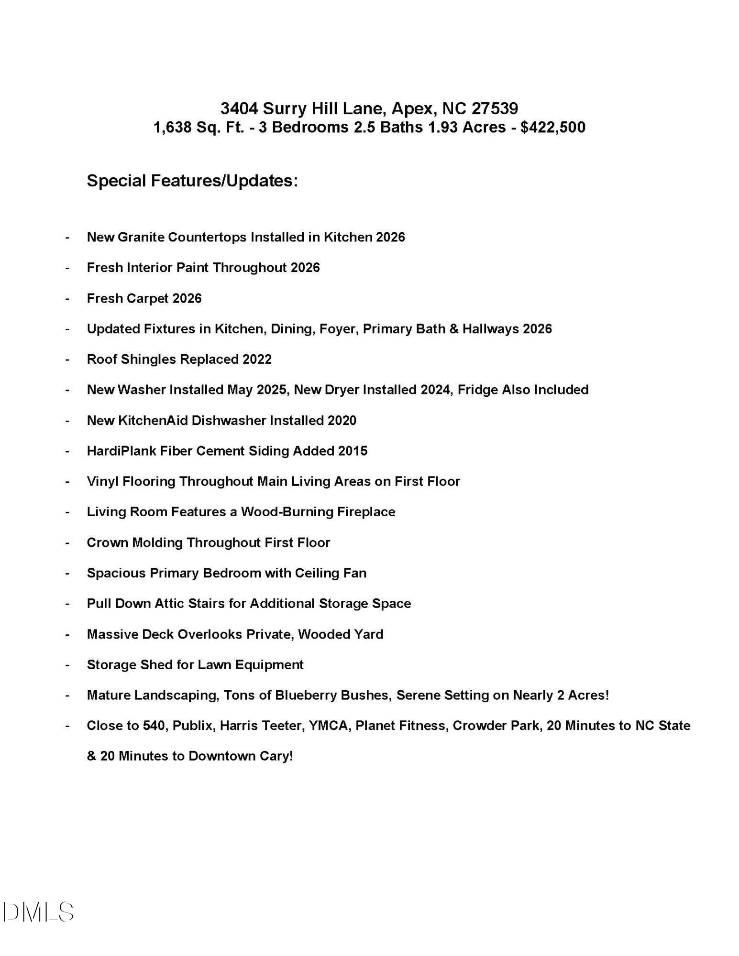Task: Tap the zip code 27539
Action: click(x=495, y=109)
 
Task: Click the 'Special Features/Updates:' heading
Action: click(x=192, y=181)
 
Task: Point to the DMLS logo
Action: click(x=38, y=912)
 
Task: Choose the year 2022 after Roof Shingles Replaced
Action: click(x=257, y=359)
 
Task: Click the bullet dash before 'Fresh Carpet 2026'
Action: click(x=67, y=299)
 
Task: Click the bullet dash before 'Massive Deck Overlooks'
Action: click(x=67, y=635)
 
